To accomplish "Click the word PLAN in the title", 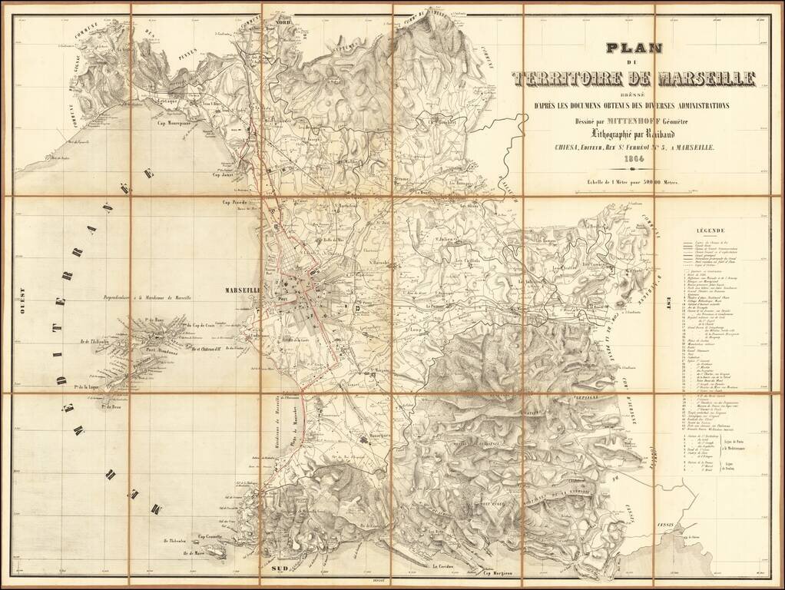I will click(634, 48).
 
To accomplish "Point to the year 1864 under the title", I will click(634, 159).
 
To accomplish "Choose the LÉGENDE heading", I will click(711, 230).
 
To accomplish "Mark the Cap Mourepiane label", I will click(174, 123).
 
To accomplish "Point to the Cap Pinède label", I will click(237, 203).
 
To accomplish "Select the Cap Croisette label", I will click(211, 536).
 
